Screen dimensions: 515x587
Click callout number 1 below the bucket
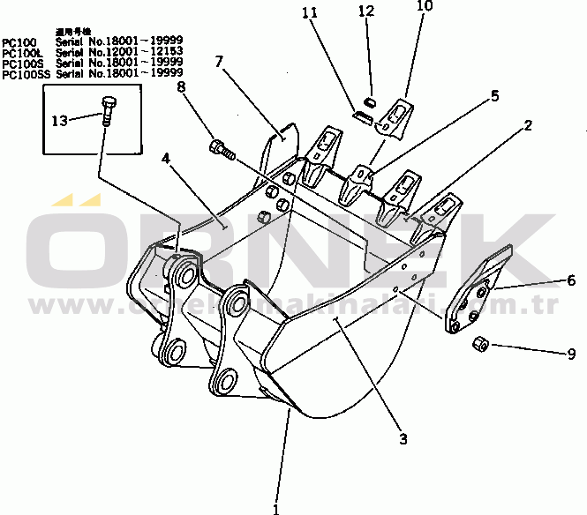point(275,507)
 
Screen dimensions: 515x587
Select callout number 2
point(527,126)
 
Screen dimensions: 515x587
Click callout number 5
point(494,94)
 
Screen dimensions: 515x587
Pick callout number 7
point(218,62)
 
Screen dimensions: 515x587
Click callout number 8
point(181,86)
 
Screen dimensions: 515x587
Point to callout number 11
point(307,12)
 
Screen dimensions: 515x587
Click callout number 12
point(366,11)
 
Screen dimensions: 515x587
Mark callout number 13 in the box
point(59,120)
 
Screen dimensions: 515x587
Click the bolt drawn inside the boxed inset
point(107,111)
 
